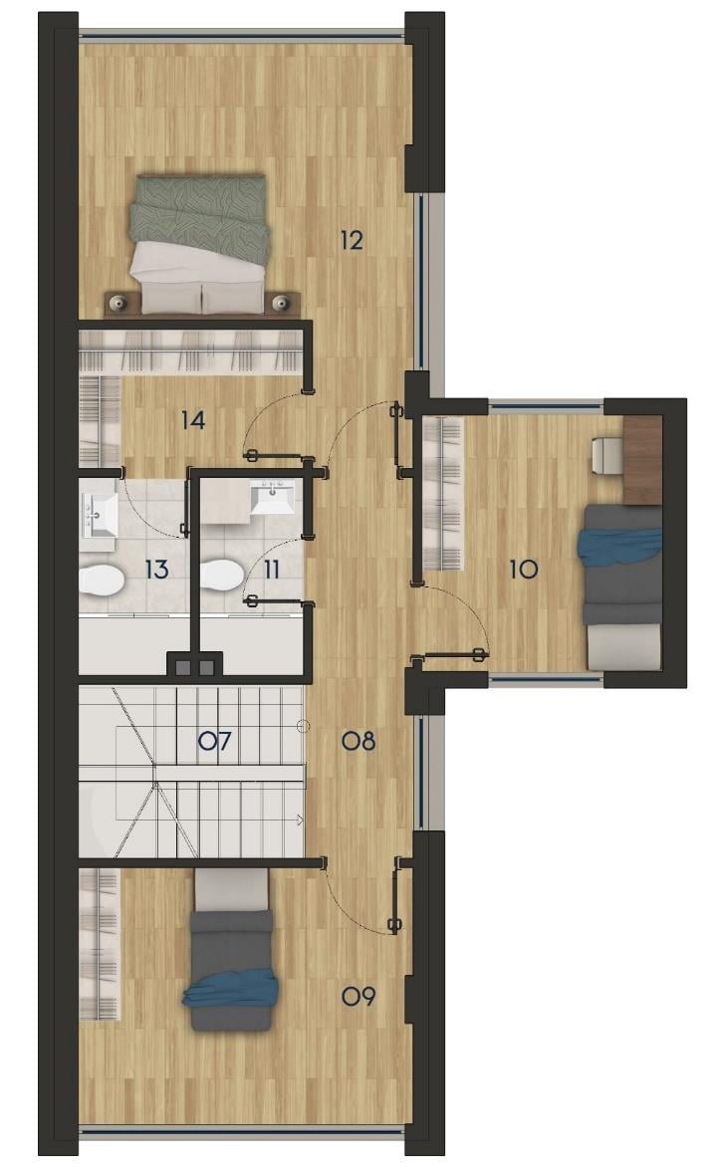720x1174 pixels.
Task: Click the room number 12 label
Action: click(351, 240)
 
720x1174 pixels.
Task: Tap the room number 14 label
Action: click(193, 420)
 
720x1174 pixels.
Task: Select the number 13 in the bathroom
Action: click(156, 570)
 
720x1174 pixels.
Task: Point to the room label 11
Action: click(272, 570)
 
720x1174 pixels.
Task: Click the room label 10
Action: click(524, 569)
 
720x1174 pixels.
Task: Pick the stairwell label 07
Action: click(215, 741)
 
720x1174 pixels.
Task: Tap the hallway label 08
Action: click(358, 741)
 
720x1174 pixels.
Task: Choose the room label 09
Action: click(358, 997)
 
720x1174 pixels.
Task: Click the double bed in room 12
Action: click(199, 244)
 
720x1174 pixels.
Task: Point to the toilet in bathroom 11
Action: click(221, 576)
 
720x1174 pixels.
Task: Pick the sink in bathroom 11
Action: click(272, 498)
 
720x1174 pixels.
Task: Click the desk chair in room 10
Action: click(607, 455)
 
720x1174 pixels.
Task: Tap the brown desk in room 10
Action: click(642, 460)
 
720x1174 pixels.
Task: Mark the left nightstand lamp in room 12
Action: click(118, 303)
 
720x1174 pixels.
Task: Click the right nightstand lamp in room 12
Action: click(281, 303)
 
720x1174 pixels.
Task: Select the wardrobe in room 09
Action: click(100, 943)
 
